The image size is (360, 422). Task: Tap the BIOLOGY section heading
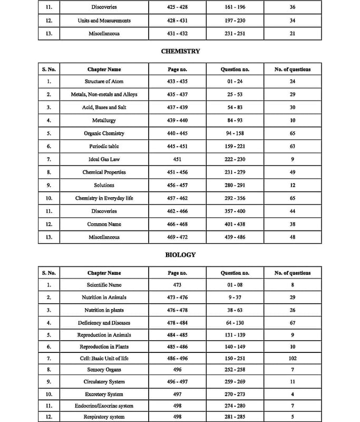coord(180,255)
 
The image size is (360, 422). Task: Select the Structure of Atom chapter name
coord(104,82)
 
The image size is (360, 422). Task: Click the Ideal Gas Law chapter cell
coord(104,159)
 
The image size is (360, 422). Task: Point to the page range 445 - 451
coord(177,146)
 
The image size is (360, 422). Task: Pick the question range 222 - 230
coord(235,159)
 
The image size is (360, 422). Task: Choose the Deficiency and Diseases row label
coord(104,323)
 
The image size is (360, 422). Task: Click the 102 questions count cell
coord(293,359)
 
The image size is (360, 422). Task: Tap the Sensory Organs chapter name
coord(104,370)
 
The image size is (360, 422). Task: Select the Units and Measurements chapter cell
coord(104,21)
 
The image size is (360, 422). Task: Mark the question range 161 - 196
coord(235,7)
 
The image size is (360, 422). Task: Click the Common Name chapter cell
coord(104,224)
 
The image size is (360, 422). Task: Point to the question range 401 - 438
coord(235,224)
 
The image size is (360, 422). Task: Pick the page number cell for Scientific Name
coord(177,285)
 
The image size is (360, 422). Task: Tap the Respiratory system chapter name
coord(104,417)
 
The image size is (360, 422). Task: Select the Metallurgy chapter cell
coord(104,120)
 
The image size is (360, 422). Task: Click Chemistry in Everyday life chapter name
coord(104,198)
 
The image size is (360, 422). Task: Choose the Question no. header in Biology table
coord(235,273)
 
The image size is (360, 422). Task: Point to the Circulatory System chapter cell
coord(104,382)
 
